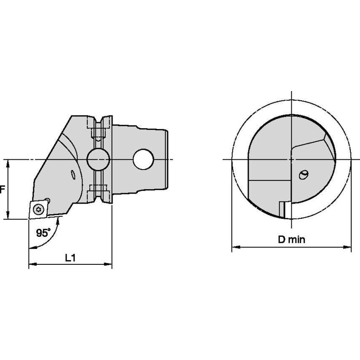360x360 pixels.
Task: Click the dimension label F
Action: [x=2, y=190]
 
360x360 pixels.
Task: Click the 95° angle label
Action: [x=43, y=232]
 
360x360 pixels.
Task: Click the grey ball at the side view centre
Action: [x=98, y=159]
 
